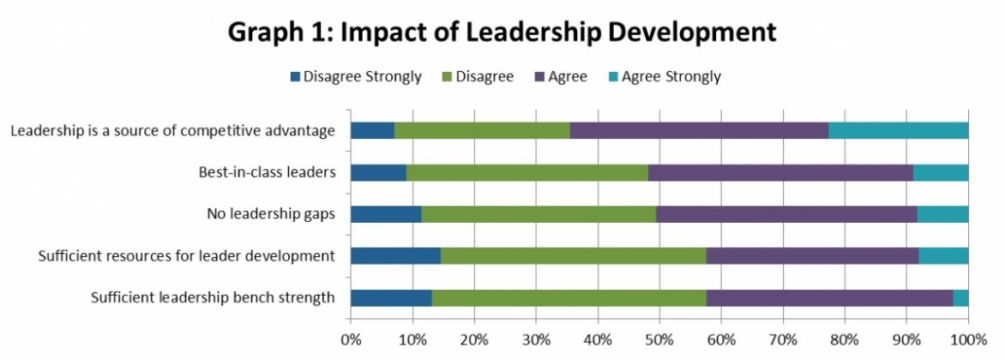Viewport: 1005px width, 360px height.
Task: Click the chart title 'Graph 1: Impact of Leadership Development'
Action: pos(502,32)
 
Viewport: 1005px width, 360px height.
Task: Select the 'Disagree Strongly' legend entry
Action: pos(356,76)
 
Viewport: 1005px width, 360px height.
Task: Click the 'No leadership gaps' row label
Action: pos(271,214)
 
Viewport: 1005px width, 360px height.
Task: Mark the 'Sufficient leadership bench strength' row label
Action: pos(213,298)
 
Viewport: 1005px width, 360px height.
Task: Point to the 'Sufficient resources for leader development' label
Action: pos(186,256)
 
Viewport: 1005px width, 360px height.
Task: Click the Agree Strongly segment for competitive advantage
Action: pos(898,130)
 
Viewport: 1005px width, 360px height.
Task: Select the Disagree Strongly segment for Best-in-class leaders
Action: pos(378,172)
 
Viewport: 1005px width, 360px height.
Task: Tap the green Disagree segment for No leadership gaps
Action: pos(539,214)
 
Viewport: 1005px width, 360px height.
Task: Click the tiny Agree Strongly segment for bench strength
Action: pos(960,298)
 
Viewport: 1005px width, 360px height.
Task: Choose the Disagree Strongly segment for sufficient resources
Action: pos(395,256)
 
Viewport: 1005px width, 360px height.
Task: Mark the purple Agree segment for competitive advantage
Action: pos(699,130)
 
